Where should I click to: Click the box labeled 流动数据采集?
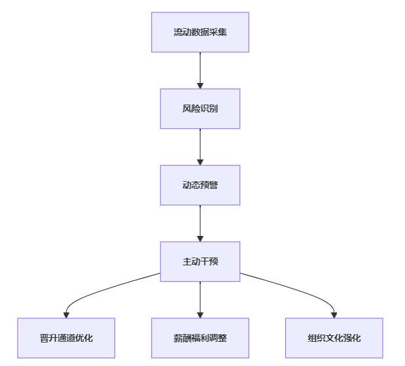200,32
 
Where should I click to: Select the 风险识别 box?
200,108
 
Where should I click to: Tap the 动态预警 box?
200,185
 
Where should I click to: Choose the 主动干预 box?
200,261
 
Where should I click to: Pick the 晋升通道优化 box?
66,338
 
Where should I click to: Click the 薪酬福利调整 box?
200,338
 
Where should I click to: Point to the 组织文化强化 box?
334,338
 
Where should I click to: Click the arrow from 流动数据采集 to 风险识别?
200,71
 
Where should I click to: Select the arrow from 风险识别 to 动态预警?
200,147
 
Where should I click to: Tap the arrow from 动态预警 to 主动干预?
200,224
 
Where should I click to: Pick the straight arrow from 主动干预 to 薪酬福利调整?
200,300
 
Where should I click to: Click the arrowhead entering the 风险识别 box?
200,86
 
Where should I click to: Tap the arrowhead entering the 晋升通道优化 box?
66,315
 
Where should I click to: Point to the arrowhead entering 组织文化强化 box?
334,315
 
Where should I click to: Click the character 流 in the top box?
178,32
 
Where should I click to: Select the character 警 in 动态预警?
213,185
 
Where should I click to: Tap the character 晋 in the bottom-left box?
44,338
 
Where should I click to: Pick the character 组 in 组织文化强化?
312,338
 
